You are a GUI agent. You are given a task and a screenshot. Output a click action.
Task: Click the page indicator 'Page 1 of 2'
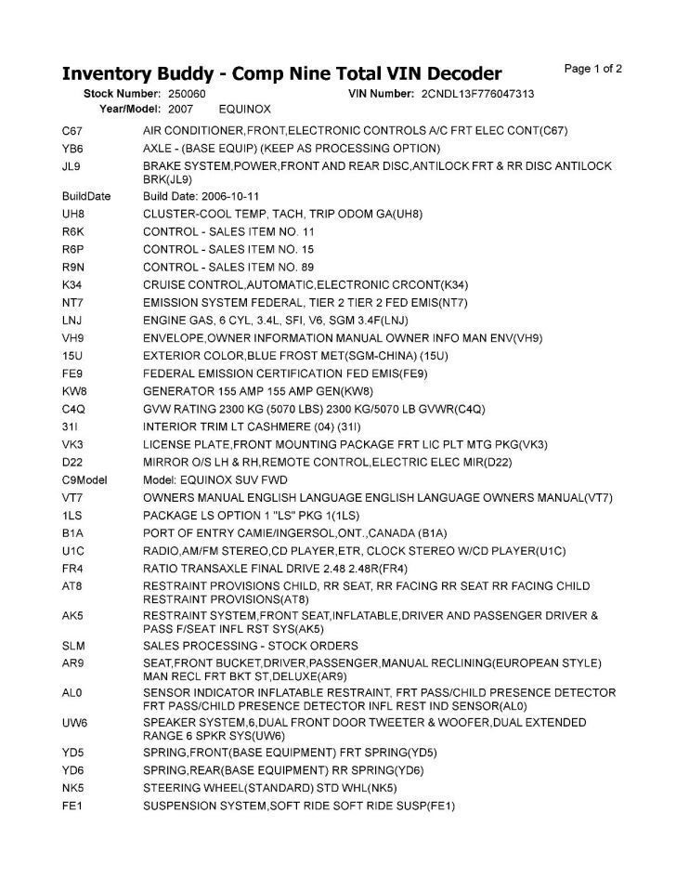[593, 69]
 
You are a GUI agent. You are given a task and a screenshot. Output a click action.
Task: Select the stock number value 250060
[187, 95]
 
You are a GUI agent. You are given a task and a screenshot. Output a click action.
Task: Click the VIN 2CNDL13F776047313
[477, 95]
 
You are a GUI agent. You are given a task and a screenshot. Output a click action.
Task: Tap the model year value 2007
[180, 110]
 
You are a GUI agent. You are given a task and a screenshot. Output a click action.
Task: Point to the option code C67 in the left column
[72, 131]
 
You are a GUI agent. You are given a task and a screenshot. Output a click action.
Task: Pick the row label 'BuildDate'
[86, 197]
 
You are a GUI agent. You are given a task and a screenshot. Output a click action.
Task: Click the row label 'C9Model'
[84, 480]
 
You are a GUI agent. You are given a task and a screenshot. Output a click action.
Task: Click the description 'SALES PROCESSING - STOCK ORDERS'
[250, 646]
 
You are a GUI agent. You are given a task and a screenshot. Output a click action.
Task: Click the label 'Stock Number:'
[123, 95]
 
